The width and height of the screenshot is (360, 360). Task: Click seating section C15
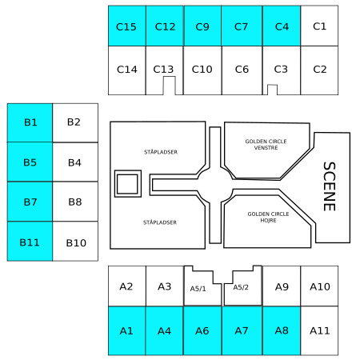tap(127, 26)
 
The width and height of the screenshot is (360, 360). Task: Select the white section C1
tap(319, 26)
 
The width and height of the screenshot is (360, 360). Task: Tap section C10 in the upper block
tap(202, 70)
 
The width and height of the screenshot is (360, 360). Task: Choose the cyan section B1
tap(30, 122)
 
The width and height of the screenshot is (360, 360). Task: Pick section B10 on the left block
tap(75, 242)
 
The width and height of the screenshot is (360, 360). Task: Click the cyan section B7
tap(30, 202)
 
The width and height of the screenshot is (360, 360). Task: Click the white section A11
tap(319, 330)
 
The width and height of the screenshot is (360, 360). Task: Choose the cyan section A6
tap(202, 330)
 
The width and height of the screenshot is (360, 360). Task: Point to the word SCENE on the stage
tap(330, 186)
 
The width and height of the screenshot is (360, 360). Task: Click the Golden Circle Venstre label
tap(266, 145)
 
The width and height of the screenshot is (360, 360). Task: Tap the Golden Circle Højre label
tap(268, 217)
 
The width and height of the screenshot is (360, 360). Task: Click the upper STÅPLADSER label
tap(161, 152)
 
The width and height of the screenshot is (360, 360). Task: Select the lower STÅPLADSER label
tap(160, 222)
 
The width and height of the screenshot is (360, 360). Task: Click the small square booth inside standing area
tap(128, 184)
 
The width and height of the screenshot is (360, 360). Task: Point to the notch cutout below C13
tap(169, 86)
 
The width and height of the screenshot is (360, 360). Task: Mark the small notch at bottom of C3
tap(272, 90)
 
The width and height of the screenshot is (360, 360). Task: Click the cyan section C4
tap(282, 26)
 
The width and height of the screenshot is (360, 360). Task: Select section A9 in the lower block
tap(282, 286)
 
